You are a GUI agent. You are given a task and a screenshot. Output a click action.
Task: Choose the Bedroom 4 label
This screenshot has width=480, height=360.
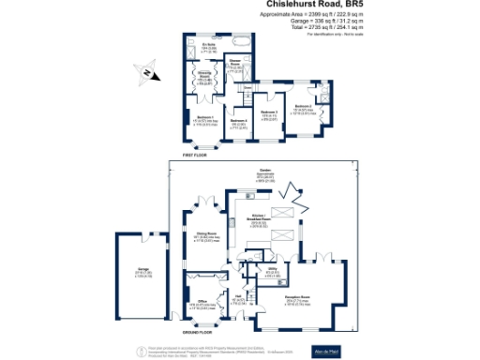239,120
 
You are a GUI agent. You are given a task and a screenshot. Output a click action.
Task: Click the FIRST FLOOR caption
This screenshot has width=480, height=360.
199,153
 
